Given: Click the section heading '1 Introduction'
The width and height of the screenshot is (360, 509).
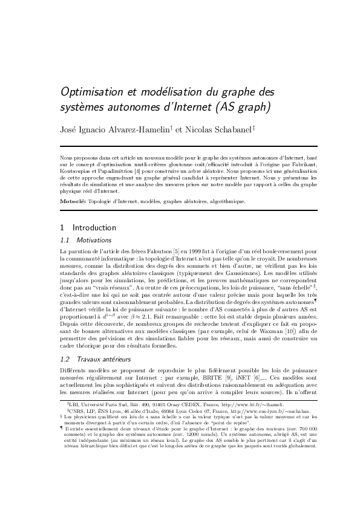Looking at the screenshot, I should click(88, 228).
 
